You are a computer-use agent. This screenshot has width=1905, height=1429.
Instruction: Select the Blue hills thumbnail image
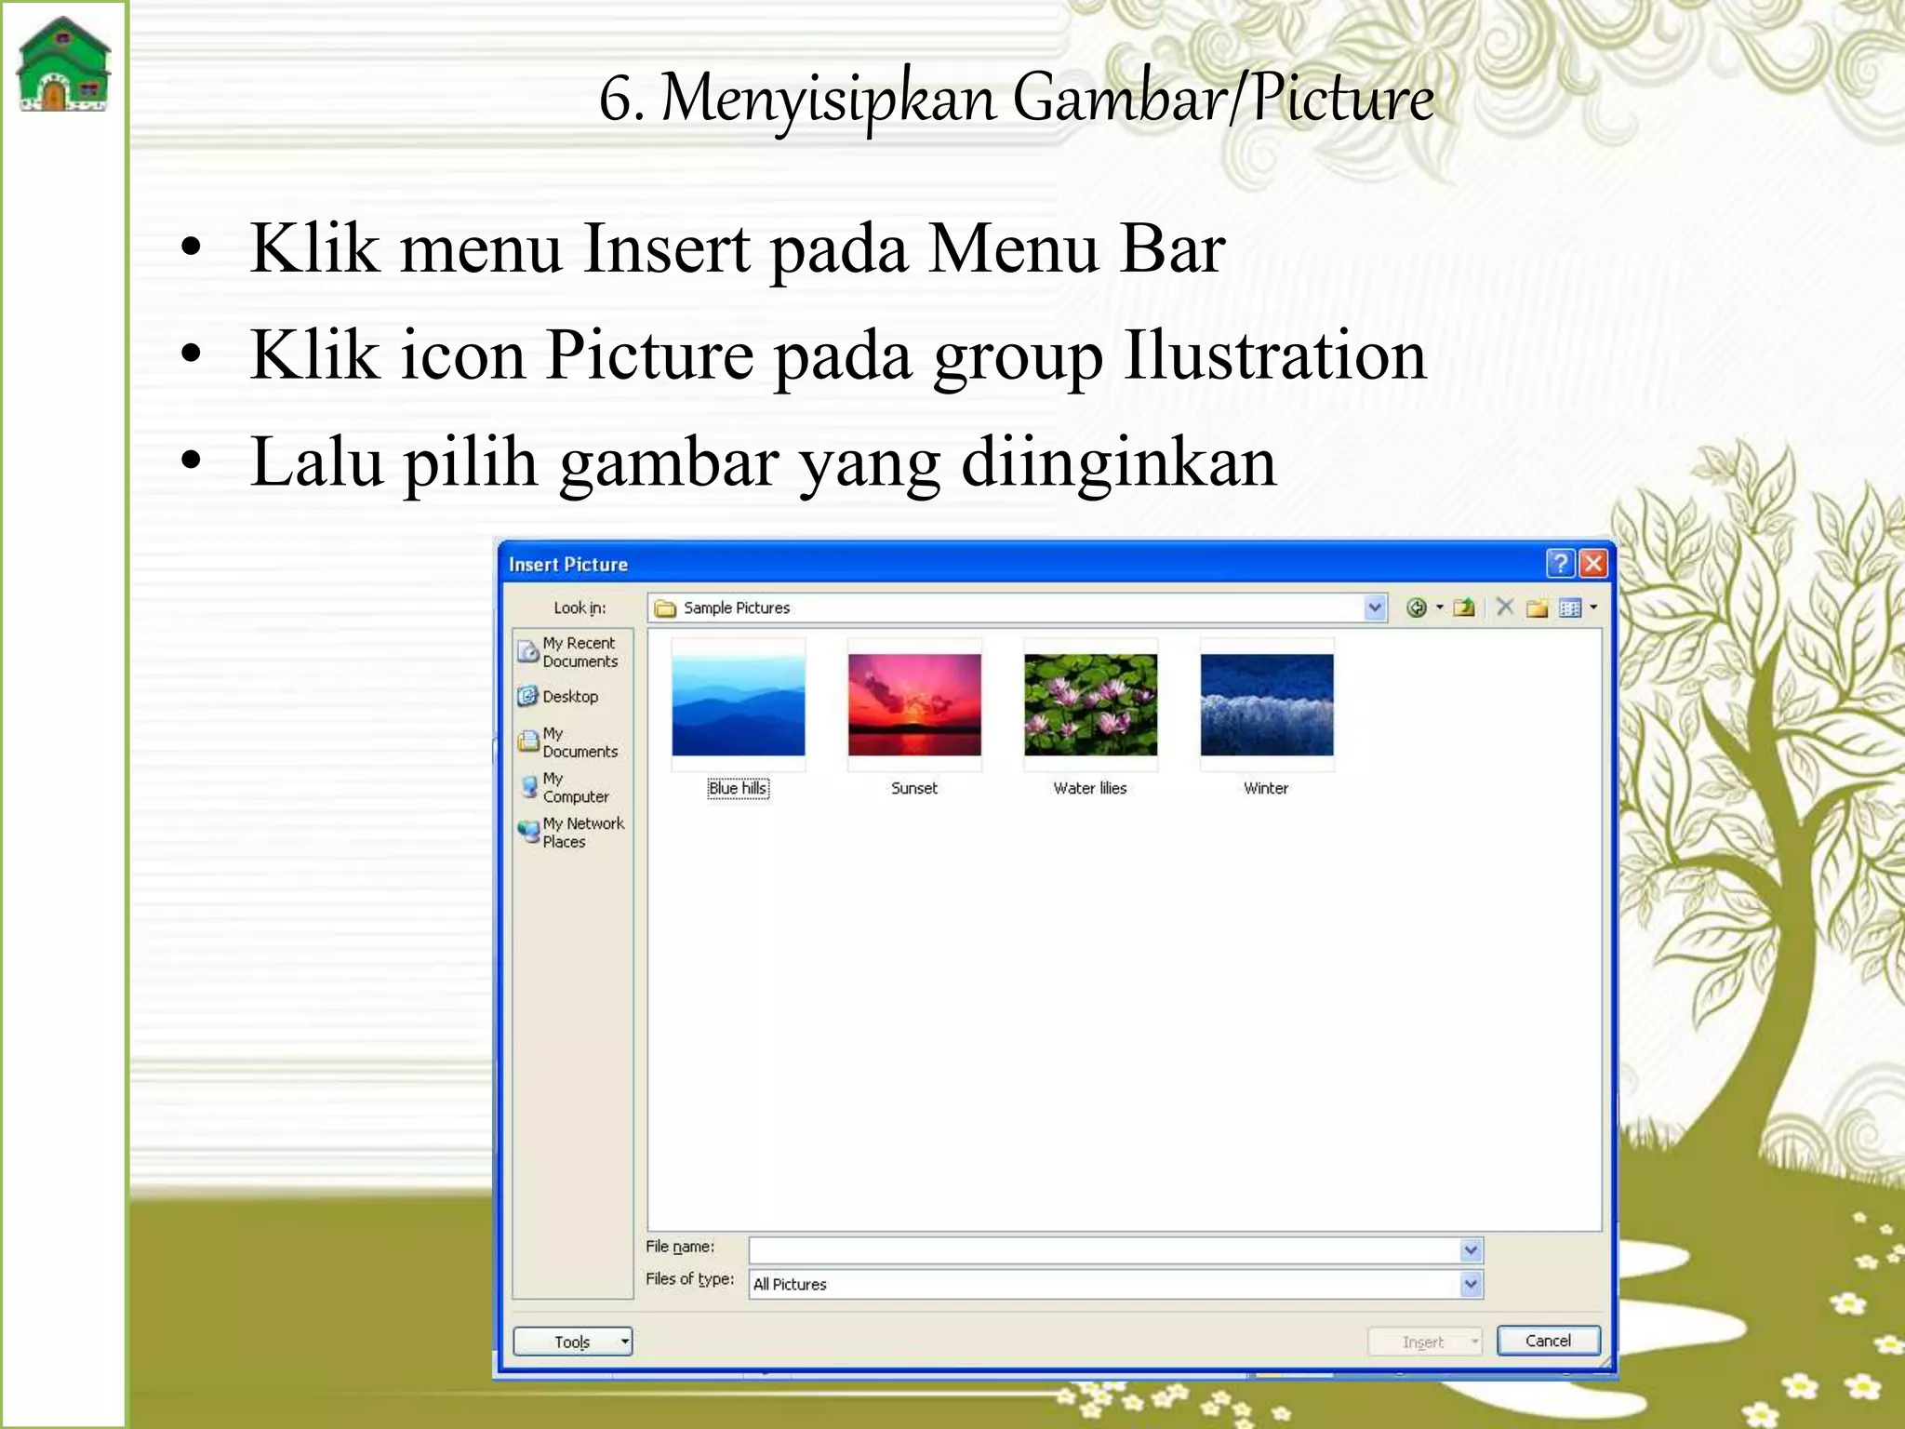pyautogui.click(x=739, y=704)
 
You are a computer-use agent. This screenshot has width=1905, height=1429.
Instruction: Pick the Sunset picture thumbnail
pyautogui.click(x=914, y=704)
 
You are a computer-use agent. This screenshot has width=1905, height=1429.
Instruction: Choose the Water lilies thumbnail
pyautogui.click(x=1090, y=704)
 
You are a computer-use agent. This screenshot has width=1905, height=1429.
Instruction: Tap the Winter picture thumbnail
pyautogui.click(x=1266, y=704)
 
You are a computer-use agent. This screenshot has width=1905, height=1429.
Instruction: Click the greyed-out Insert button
pyautogui.click(x=1423, y=1342)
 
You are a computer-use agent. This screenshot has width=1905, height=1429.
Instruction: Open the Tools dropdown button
pyautogui.click(x=573, y=1342)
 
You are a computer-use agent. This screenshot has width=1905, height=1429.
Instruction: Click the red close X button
pyautogui.click(x=1593, y=563)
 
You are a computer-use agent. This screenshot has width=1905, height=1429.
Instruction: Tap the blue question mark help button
pyautogui.click(x=1561, y=563)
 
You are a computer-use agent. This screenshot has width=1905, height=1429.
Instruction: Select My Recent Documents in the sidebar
pyautogui.click(x=573, y=652)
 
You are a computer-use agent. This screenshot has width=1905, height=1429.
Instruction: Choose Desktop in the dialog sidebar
pyautogui.click(x=569, y=696)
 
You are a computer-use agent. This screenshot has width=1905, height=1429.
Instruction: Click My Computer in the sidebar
pyautogui.click(x=573, y=787)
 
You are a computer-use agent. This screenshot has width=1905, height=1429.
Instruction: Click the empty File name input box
pyautogui.click(x=1103, y=1249)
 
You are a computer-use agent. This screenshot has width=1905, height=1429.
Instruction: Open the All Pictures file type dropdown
pyautogui.click(x=1471, y=1285)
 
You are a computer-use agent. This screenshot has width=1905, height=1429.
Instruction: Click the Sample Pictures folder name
pyautogui.click(x=736, y=608)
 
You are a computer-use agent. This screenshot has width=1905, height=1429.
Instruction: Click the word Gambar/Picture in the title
pyautogui.click(x=1222, y=98)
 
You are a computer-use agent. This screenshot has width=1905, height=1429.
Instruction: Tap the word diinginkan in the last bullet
pyautogui.click(x=1118, y=462)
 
